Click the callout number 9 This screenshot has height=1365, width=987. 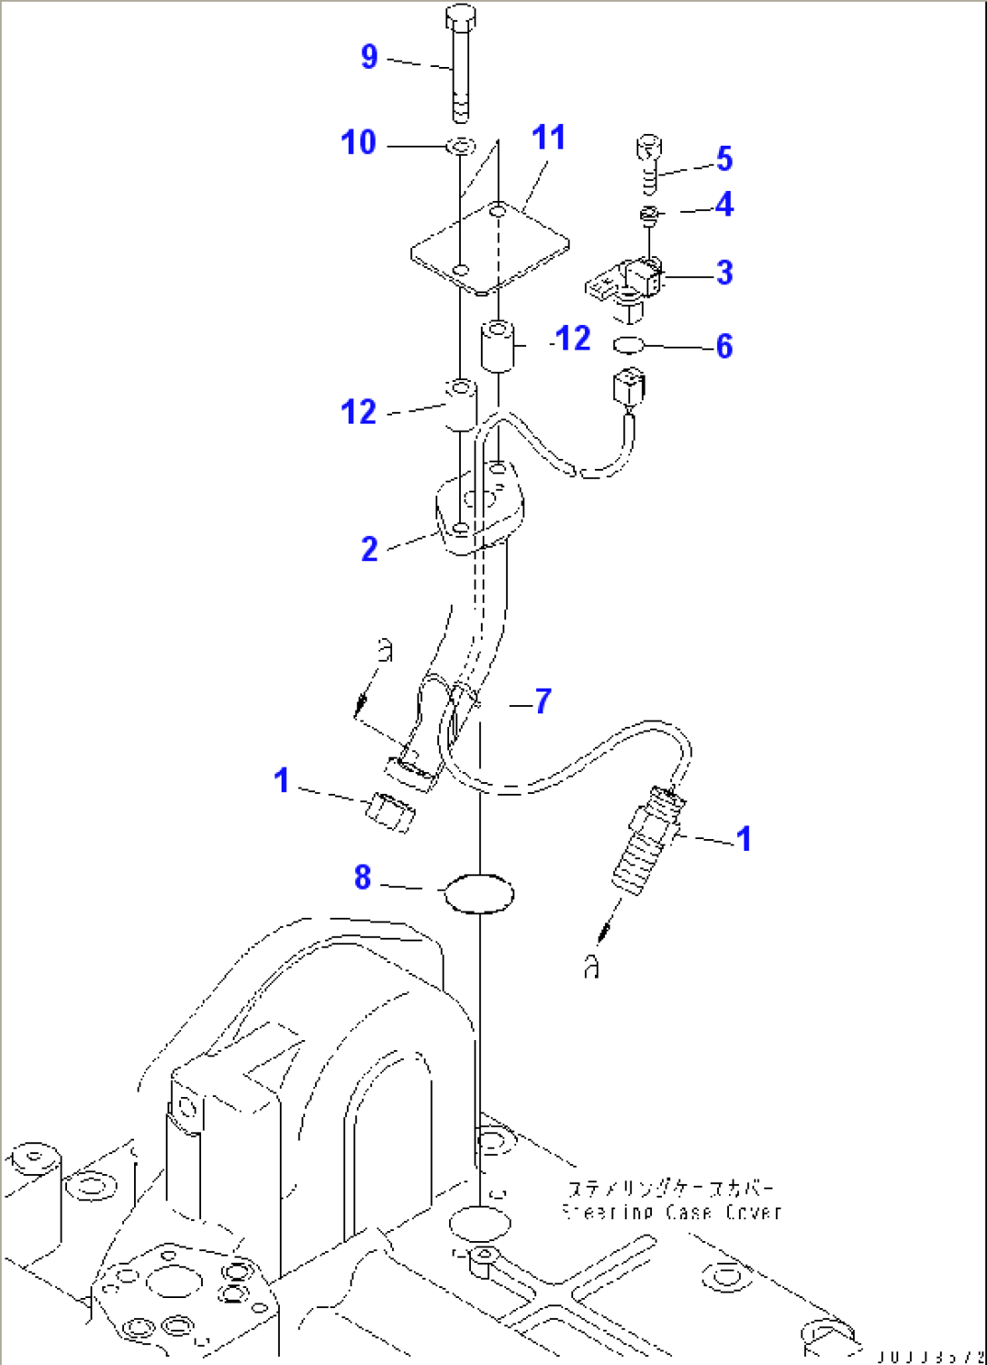(x=369, y=56)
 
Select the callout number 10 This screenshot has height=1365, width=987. (x=359, y=142)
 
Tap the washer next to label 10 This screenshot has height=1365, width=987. (x=462, y=145)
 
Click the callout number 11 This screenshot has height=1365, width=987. (x=549, y=138)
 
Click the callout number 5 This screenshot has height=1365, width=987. (x=724, y=158)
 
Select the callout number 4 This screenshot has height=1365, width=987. (x=724, y=205)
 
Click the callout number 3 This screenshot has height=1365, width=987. (x=724, y=272)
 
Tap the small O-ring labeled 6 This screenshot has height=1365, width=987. (x=628, y=345)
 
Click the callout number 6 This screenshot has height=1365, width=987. (x=724, y=346)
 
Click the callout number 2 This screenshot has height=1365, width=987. (x=369, y=549)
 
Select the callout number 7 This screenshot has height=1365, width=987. (x=541, y=701)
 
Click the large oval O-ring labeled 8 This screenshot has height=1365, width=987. (x=478, y=893)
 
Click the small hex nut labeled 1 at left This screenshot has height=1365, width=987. (x=389, y=812)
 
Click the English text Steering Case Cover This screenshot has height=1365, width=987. (x=672, y=1212)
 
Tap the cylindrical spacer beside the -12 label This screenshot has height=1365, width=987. (x=497, y=344)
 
